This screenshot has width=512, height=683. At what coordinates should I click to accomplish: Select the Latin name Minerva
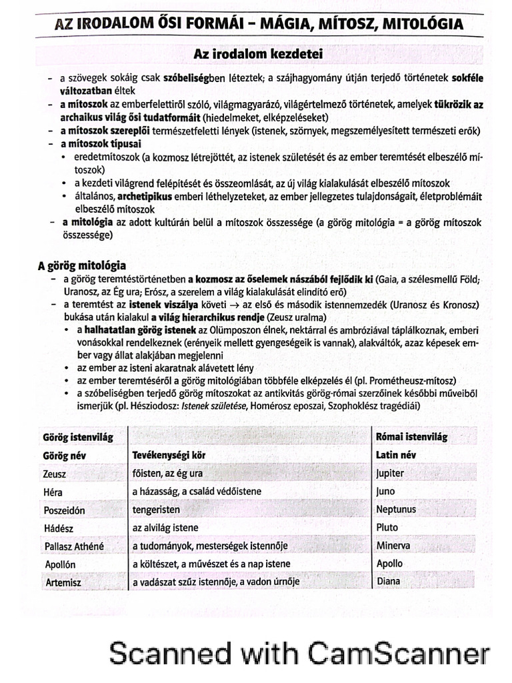(x=393, y=545)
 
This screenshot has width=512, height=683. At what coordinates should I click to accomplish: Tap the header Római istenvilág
(x=411, y=437)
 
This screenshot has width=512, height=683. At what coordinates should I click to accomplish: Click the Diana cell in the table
(x=389, y=581)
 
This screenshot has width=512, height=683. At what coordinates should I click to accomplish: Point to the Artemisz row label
(x=63, y=582)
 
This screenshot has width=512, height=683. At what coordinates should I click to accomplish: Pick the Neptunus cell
(x=396, y=510)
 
